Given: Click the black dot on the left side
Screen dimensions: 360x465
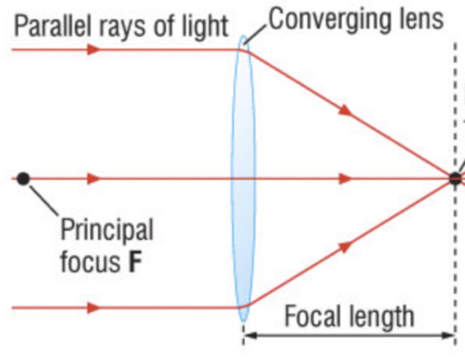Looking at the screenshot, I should coord(23,179).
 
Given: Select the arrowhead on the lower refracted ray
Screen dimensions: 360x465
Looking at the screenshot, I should coord(345,246).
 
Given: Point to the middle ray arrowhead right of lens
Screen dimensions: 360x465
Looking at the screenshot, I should coord(345,179).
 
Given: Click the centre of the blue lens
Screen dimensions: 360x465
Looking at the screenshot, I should coord(243,179).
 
